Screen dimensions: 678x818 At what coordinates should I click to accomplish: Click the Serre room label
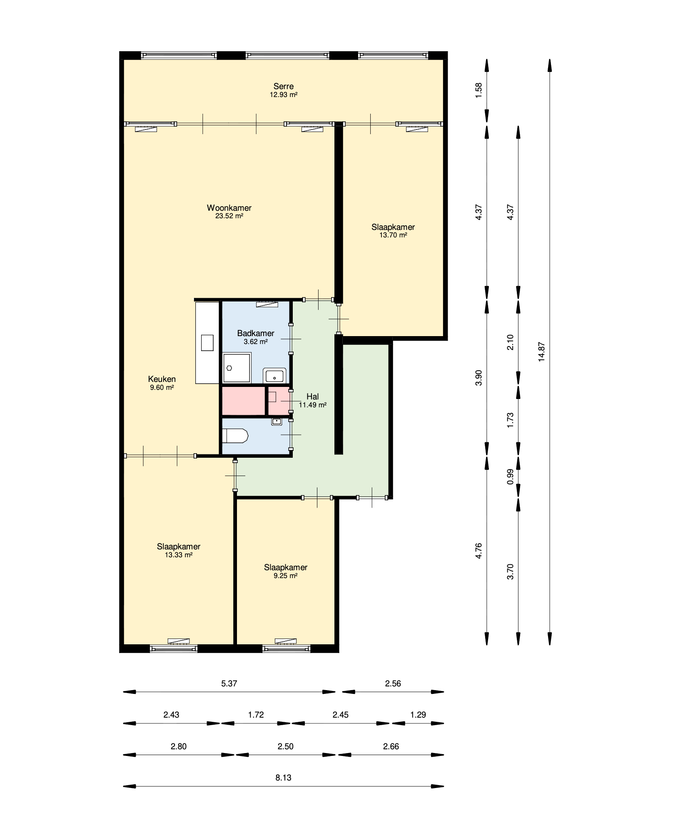coord(283,86)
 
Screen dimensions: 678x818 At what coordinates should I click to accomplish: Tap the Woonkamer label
coord(229,208)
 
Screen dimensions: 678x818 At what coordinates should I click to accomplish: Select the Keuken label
coord(162,379)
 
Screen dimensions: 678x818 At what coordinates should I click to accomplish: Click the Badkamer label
coord(256,333)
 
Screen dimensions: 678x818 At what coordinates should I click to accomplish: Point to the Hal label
coord(312,397)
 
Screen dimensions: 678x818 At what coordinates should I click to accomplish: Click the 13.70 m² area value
coord(393,235)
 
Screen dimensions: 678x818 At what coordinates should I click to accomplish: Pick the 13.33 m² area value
coord(179,555)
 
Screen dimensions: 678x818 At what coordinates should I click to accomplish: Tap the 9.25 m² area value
coord(286,576)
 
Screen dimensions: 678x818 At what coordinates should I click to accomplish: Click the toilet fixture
coord(235,436)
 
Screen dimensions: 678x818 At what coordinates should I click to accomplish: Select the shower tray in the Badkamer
coord(237,368)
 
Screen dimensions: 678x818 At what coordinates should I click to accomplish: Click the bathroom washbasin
coord(274,375)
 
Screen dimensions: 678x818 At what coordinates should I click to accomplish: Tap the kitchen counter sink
coord(207,343)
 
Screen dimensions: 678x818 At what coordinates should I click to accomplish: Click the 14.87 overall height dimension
coord(541,352)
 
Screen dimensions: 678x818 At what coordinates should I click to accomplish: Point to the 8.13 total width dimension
coord(283,777)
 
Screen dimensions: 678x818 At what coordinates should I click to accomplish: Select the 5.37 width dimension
coord(229,683)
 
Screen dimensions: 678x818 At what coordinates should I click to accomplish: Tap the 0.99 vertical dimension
coord(510,476)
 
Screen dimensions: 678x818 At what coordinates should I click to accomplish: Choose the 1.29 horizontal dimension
coord(418,715)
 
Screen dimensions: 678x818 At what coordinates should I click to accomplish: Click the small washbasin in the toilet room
coord(277,421)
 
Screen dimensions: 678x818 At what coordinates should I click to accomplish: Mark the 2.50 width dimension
coord(285,746)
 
